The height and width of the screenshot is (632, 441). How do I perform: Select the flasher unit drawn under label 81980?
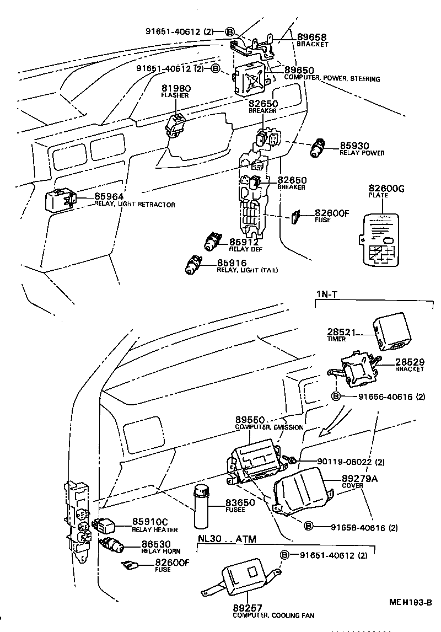pos(176,125)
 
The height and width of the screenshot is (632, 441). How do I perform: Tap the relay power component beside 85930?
pos(318,148)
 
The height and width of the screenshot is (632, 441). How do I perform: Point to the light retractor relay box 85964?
pos(60,200)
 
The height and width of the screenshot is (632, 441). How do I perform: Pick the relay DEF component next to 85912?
pos(212,240)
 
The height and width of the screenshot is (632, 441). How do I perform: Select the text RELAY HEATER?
pos(154,529)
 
